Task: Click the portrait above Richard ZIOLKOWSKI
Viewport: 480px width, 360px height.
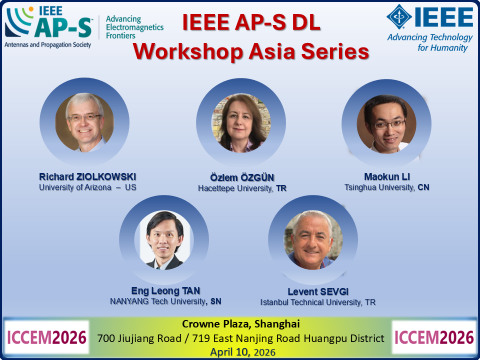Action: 84,122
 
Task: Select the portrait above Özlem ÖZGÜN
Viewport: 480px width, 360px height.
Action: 241,123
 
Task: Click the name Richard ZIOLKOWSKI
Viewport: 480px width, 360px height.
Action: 87,177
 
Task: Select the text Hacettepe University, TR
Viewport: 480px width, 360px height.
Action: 242,188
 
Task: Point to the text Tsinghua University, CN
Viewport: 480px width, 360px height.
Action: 386,187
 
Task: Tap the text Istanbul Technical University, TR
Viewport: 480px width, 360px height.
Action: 317,302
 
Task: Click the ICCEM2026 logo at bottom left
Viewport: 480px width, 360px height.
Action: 46,337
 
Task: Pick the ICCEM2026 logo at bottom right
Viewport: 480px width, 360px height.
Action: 433,337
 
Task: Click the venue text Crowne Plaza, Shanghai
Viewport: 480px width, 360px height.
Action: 241,323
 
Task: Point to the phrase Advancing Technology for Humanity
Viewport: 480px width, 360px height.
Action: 430,42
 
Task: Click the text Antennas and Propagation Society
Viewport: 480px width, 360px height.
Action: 48,44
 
